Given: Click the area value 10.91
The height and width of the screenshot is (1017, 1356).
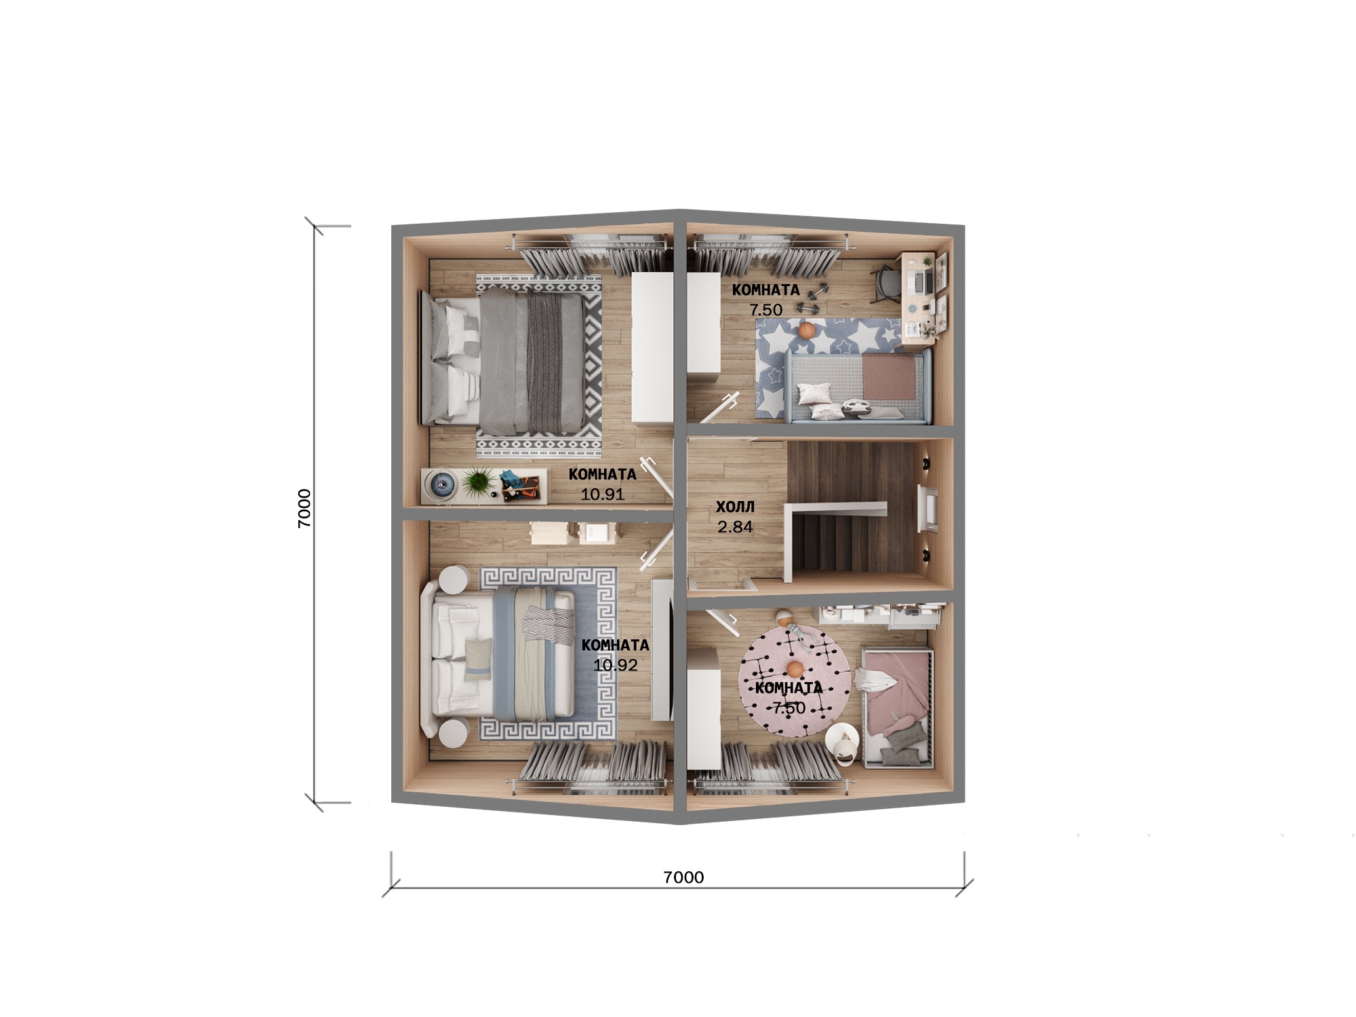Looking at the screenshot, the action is coord(603,494).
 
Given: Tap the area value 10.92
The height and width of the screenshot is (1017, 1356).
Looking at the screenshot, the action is coord(616,665).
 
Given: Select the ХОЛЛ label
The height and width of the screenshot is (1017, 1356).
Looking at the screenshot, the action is coord(736,506).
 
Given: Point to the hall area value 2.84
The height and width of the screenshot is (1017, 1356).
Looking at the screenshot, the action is coord(736,527).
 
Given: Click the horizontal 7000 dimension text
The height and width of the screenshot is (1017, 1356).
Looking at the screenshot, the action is coord(683,877).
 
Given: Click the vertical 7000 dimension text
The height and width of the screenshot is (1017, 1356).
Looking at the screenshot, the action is coord(304,508).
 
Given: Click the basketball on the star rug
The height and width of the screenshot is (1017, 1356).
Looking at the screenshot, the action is coord(807,330).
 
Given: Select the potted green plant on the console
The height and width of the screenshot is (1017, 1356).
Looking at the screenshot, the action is coord(479,482).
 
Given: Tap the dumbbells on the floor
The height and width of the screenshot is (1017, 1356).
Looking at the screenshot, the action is coord(813,298).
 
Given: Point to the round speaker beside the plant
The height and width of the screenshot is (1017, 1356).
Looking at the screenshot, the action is coord(441,484).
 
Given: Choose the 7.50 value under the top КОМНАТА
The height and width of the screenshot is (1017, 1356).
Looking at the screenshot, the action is coord(766,310).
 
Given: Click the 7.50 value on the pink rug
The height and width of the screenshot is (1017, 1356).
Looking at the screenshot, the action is coord(790,709).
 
